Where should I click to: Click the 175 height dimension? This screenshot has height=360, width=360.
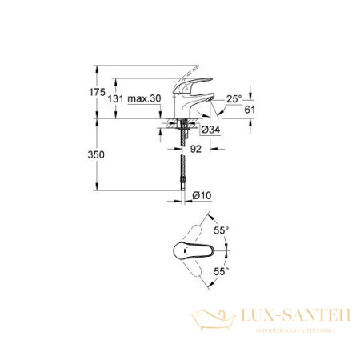pos(97,93)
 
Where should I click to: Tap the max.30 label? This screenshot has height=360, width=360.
pos(145,98)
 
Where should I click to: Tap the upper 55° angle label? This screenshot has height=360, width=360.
pos(222,229)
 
